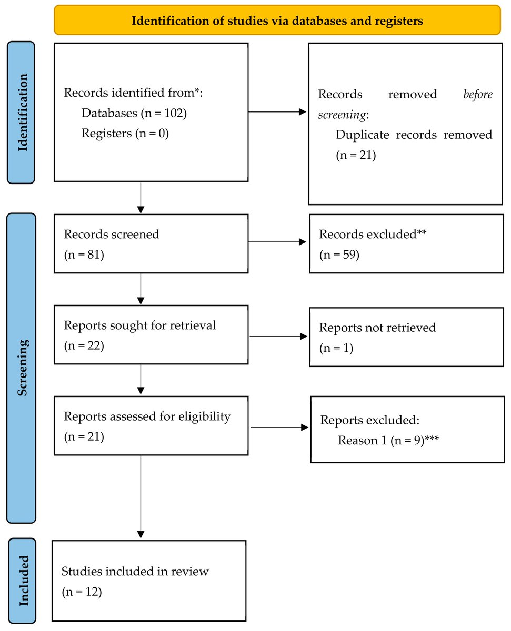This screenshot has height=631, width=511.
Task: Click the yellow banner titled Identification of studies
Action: coord(277,21)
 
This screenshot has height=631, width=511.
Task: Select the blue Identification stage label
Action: coord(21,113)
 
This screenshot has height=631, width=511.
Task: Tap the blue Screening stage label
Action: coord(21,368)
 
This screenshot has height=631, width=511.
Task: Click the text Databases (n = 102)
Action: coord(134,113)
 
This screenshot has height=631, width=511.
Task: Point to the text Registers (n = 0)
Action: coord(125,133)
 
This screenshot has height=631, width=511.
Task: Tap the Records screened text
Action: coord(111,234)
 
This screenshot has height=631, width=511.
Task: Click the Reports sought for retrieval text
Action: coord(140,325)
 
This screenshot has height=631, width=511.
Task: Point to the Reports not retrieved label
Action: coord(377,328)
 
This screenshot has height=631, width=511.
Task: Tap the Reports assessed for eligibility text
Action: coord(147,416)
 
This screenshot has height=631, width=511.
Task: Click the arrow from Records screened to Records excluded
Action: coord(277,242)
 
